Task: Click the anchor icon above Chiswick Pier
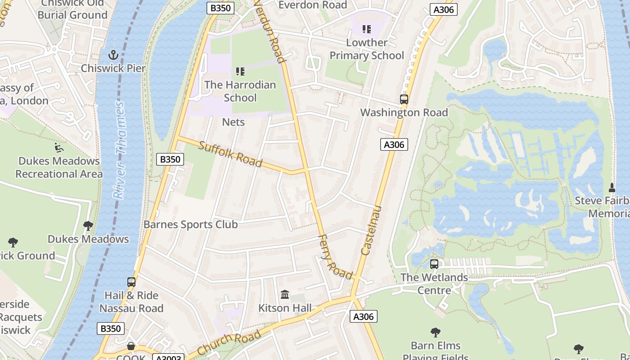113,55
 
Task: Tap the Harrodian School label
240,91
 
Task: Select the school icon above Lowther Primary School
367,30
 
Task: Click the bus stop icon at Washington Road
404,99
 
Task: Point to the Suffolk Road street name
230,154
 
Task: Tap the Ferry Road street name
335,257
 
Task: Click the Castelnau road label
372,230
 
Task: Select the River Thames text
119,150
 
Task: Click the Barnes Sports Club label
190,224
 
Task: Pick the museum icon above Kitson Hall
285,295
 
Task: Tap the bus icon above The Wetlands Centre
434,264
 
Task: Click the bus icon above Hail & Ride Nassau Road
131,282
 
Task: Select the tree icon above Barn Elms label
435,333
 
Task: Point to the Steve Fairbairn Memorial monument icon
612,187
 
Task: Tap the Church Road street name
229,343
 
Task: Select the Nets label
234,122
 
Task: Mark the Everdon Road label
313,5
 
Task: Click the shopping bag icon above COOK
131,346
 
